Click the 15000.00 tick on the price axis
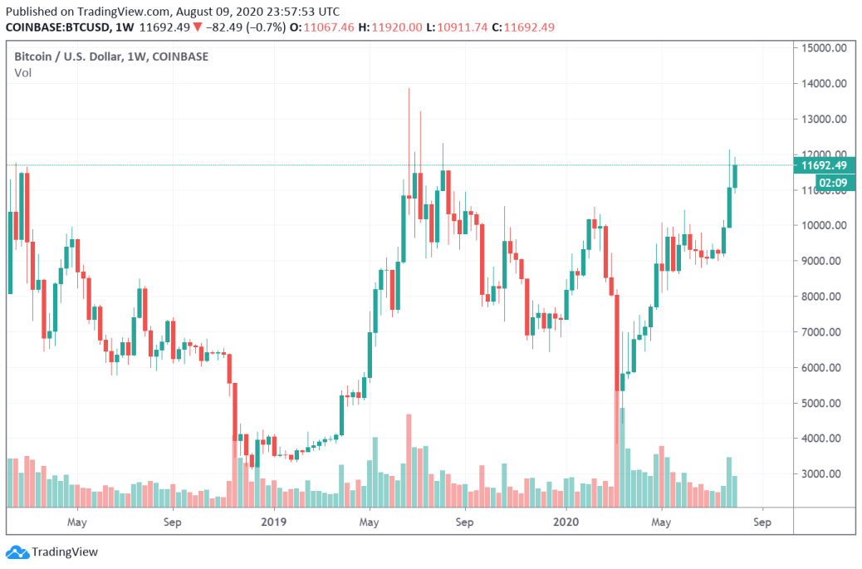(x=824, y=48)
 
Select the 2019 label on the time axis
(x=273, y=522)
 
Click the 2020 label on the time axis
(x=566, y=522)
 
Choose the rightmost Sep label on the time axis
(x=762, y=522)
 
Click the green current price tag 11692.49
(x=824, y=165)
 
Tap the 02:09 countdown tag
(x=833, y=183)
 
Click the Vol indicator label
(x=22, y=73)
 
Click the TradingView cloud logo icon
(x=17, y=552)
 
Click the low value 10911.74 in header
(x=463, y=27)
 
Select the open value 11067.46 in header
(x=329, y=27)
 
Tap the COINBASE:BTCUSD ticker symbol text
(x=57, y=27)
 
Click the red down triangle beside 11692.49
(x=198, y=27)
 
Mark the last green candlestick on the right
(x=734, y=176)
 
